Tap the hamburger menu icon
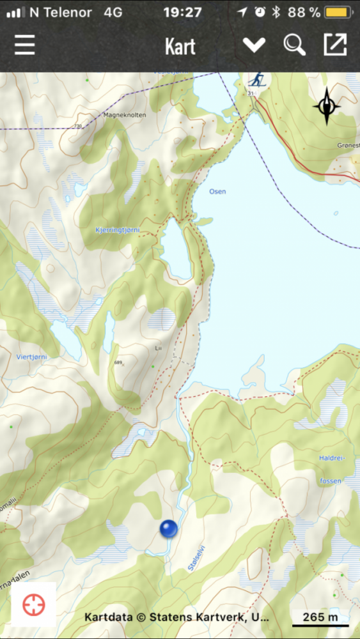click(x=25, y=45)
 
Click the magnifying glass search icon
click(x=294, y=45)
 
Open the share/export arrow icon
click(x=335, y=45)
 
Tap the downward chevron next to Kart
click(x=254, y=45)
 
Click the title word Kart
click(x=180, y=47)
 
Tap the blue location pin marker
click(x=168, y=528)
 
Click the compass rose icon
click(x=327, y=106)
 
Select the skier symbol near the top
click(x=257, y=80)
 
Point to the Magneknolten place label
click(x=124, y=115)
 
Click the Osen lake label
click(x=217, y=191)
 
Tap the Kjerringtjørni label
click(x=117, y=229)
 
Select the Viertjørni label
click(x=31, y=356)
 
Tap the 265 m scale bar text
click(x=320, y=617)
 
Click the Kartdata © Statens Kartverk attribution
click(x=176, y=618)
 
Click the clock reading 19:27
click(x=182, y=12)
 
